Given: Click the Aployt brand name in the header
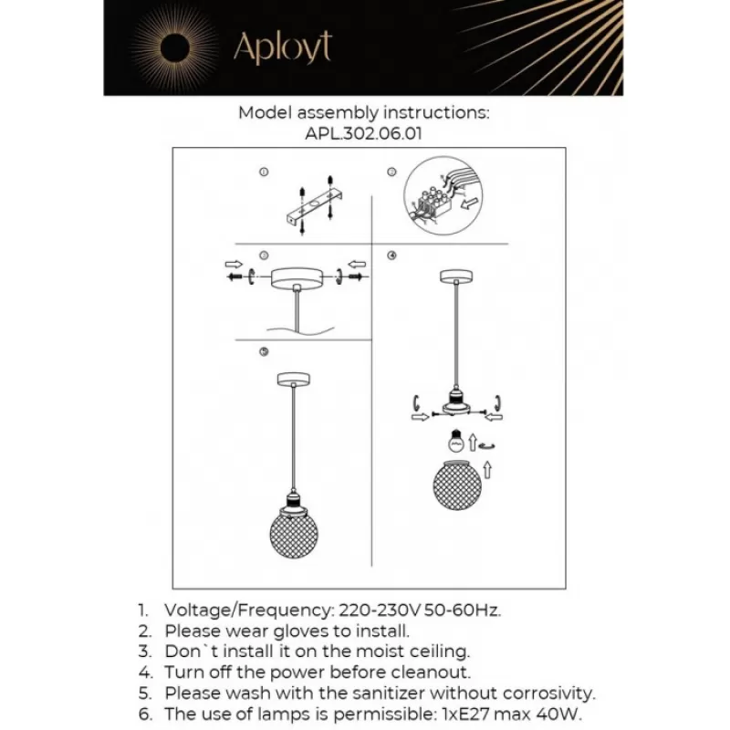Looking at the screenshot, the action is pyautogui.click(x=283, y=47).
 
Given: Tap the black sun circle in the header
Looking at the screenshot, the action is pyautogui.click(x=175, y=48).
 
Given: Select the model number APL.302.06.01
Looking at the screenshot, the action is pyautogui.click(x=363, y=133).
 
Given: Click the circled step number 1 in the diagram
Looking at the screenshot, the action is pyautogui.click(x=264, y=172).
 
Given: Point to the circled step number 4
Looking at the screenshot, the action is pyautogui.click(x=391, y=255).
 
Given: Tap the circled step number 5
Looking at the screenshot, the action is pyautogui.click(x=264, y=351).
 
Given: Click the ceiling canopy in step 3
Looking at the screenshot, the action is pyautogui.click(x=297, y=278).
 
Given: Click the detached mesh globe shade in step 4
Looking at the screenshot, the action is pyautogui.click(x=456, y=485).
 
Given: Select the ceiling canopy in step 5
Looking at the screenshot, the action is pyautogui.click(x=294, y=380).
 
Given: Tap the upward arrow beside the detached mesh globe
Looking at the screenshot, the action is pyautogui.click(x=487, y=470).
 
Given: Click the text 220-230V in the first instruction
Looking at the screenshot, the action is pyautogui.click(x=380, y=610).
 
